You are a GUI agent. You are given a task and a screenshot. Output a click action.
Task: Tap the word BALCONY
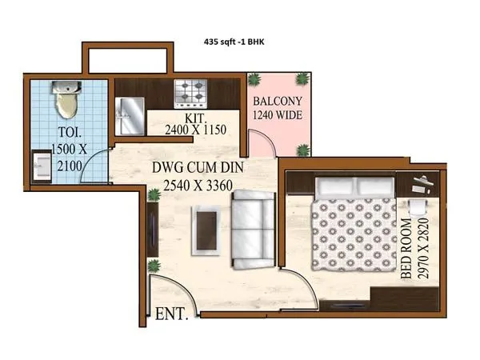click(x=278, y=103)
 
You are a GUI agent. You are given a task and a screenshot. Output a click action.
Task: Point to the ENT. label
click(x=171, y=313)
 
